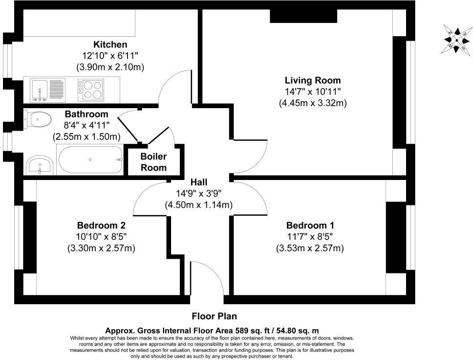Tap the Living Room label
tap(313, 80)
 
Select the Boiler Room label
tap(153, 162)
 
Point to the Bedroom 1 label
tap(310, 225)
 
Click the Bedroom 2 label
tap(101, 225)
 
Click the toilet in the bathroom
tap(38, 118)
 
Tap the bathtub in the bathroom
tap(90, 159)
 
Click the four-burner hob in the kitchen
tap(90, 89)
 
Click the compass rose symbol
tap(456, 38)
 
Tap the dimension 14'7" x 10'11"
tap(313, 91)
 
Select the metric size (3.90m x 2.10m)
tap(110, 67)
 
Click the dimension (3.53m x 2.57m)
tap(310, 248)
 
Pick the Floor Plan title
tap(215, 316)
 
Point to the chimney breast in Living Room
tap(303, 16)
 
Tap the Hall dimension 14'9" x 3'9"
tap(198, 193)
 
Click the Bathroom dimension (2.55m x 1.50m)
tap(87, 137)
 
